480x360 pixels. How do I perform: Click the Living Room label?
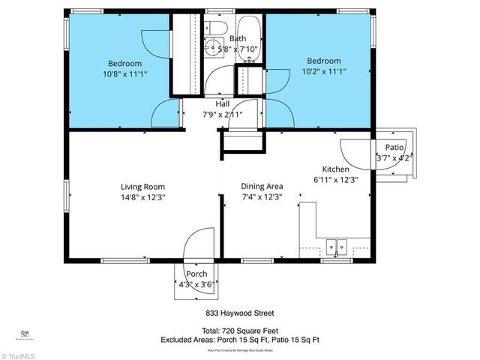(143, 187)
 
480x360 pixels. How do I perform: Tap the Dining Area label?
(262, 187)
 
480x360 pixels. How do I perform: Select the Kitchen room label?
(335, 169)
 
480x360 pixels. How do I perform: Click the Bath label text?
(238, 39)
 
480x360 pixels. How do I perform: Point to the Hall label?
(223, 104)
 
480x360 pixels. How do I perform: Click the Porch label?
(196, 274)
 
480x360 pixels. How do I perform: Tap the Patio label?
(394, 148)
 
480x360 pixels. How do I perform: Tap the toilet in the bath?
(217, 28)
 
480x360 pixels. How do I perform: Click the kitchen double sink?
(337, 246)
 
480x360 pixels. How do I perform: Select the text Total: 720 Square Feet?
(239, 330)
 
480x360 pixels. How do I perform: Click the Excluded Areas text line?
(239, 340)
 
